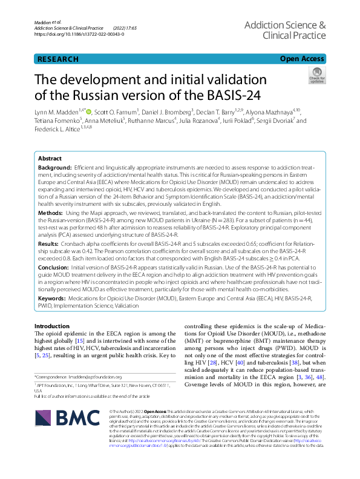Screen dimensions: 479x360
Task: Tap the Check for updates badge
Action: point(316,76)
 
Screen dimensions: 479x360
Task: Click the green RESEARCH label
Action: point(57,59)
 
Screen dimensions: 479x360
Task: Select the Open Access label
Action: point(302,59)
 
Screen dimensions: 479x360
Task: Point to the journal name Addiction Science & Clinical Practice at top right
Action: point(285,30)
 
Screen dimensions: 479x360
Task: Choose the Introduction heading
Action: point(52,326)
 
